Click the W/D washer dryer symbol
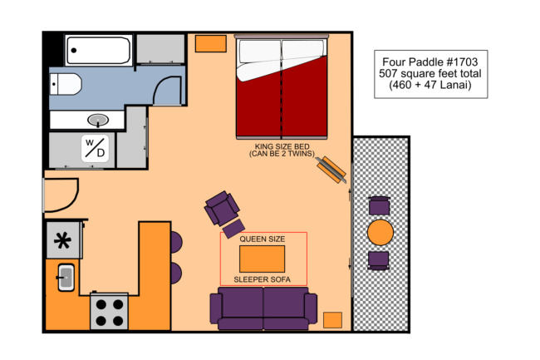95,149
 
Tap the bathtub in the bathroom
99,50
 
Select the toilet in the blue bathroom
66,84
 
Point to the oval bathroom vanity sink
98,120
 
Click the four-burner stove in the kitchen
110,311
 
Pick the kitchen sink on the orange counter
66,278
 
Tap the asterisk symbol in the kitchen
62,240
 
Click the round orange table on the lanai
380,233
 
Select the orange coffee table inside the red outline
262,259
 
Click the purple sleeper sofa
263,308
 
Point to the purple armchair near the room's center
222,208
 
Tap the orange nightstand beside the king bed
211,44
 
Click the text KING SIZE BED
282,146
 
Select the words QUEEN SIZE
263,239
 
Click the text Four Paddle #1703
430,62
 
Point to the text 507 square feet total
430,73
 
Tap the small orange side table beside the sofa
332,320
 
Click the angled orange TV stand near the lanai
331,170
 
